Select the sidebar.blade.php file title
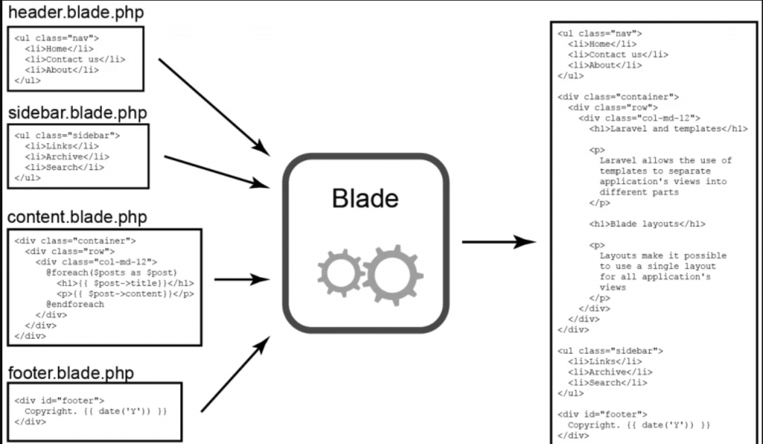[x=77, y=113]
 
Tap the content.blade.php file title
[x=77, y=217]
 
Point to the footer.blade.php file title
[x=70, y=372]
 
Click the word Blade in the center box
[x=365, y=199]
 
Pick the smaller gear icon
[x=339, y=273]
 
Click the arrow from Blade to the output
[x=498, y=242]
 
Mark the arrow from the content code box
[x=241, y=280]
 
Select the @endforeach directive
[x=75, y=304]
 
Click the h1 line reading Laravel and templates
[x=668, y=128]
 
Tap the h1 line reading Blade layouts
[x=647, y=223]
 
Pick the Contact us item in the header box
[x=75, y=59]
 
